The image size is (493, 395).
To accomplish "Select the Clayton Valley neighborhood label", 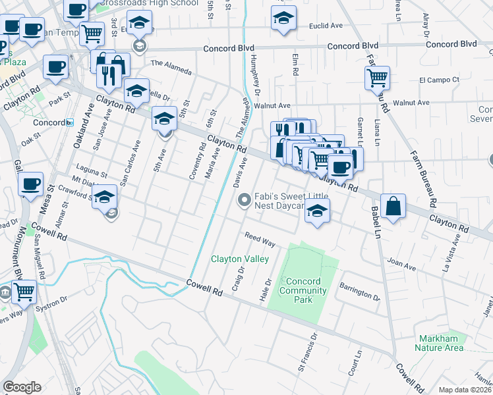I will (240, 259).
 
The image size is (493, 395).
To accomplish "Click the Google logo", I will (22, 387).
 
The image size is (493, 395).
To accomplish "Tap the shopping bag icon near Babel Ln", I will (393, 206).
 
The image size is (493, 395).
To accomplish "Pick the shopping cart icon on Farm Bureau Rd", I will (377, 78).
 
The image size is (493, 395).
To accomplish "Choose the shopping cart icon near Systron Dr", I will (24, 290).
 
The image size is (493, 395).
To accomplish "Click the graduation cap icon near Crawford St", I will (105, 196).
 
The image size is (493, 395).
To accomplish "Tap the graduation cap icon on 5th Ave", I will (165, 118).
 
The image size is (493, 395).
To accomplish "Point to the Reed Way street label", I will (260, 239).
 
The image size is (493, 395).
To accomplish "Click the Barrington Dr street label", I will (360, 292).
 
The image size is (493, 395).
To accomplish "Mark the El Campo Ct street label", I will (439, 80).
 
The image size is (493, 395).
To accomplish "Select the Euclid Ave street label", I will (326, 26).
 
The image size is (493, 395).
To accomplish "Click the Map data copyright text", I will (465, 389).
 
